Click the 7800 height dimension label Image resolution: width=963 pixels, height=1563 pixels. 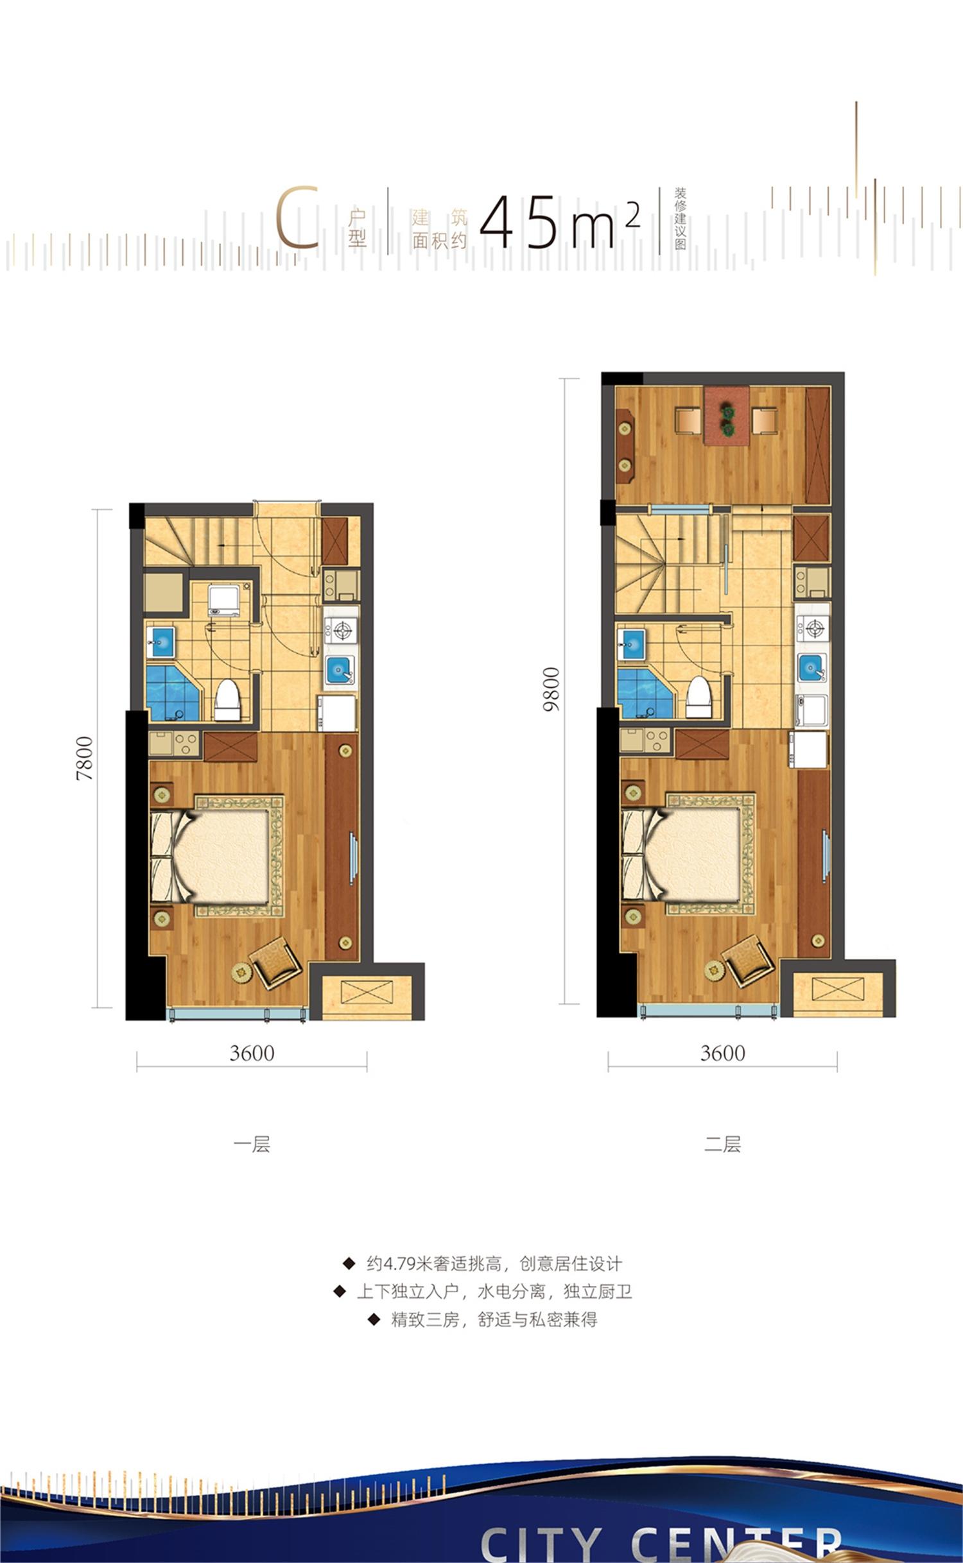pyautogui.click(x=85, y=758)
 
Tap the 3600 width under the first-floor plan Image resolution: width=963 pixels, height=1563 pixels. pyautogui.click(x=252, y=1053)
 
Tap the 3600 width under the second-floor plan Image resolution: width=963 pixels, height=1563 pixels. pyautogui.click(x=723, y=1053)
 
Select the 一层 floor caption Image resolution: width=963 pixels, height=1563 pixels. pyautogui.click(x=252, y=1144)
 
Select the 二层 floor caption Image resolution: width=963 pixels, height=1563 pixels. pyautogui.click(x=723, y=1144)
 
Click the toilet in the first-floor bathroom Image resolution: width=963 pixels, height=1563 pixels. pyautogui.click(x=227, y=700)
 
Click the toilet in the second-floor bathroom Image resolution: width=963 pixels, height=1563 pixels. pyautogui.click(x=699, y=697)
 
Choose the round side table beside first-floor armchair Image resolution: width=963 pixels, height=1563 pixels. pyautogui.click(x=240, y=972)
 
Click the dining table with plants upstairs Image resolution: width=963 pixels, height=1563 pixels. pyautogui.click(x=726, y=415)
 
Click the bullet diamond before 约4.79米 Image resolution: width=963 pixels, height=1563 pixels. pyautogui.click(x=349, y=1263)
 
